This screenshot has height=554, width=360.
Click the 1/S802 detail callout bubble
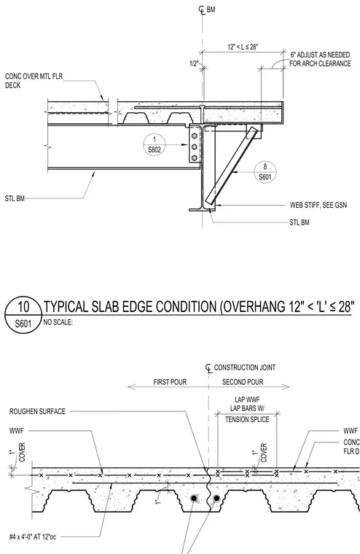[154, 144]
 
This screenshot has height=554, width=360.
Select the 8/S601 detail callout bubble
[265, 172]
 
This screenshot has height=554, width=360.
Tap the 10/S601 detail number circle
[23, 315]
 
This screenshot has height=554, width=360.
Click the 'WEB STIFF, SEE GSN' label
[318, 205]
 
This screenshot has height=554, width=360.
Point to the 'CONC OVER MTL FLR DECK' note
[34, 81]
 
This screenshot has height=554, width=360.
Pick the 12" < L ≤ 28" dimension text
[243, 47]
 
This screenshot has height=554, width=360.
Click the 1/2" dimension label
[194, 63]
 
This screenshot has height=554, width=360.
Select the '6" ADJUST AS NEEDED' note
[320, 55]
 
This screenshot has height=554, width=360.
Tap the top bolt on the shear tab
[194, 136]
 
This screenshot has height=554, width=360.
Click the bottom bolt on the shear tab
[194, 158]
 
